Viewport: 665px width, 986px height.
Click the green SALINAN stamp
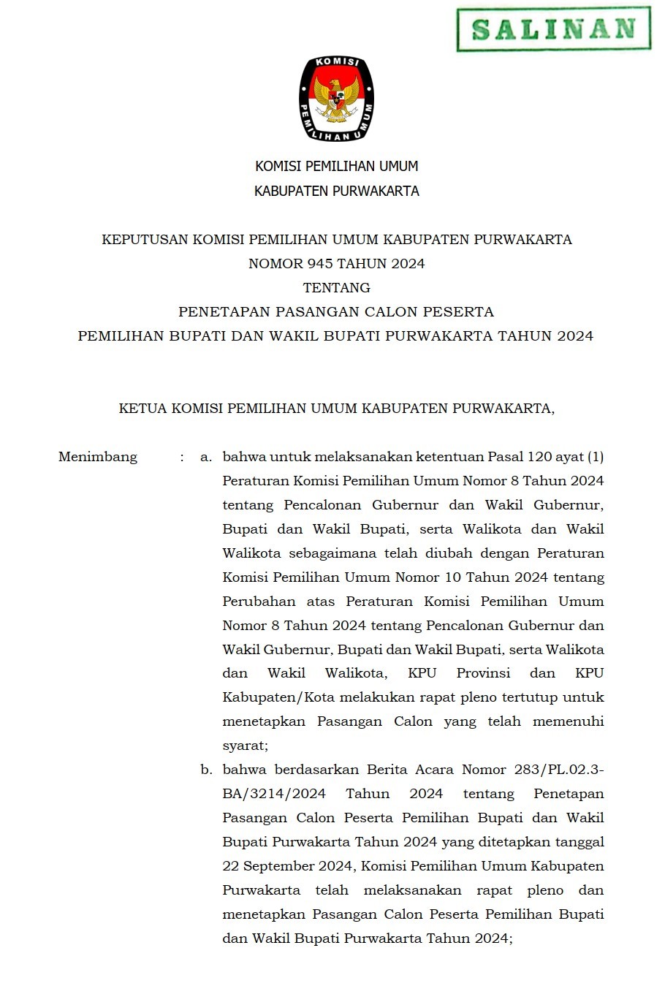(x=553, y=29)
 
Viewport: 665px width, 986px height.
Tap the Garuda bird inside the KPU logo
(x=336, y=99)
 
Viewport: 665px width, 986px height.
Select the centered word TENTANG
(x=336, y=288)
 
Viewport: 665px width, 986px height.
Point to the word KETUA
(x=143, y=409)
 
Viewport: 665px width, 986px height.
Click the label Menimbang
(x=98, y=458)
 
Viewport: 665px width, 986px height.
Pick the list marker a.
(x=205, y=458)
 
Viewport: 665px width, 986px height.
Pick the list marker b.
(x=206, y=770)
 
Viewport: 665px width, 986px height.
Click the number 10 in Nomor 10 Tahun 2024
(x=452, y=577)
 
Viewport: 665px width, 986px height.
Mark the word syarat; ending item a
(x=245, y=746)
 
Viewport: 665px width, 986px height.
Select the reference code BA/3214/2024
(x=274, y=794)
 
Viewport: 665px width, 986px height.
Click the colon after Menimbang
(x=182, y=458)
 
